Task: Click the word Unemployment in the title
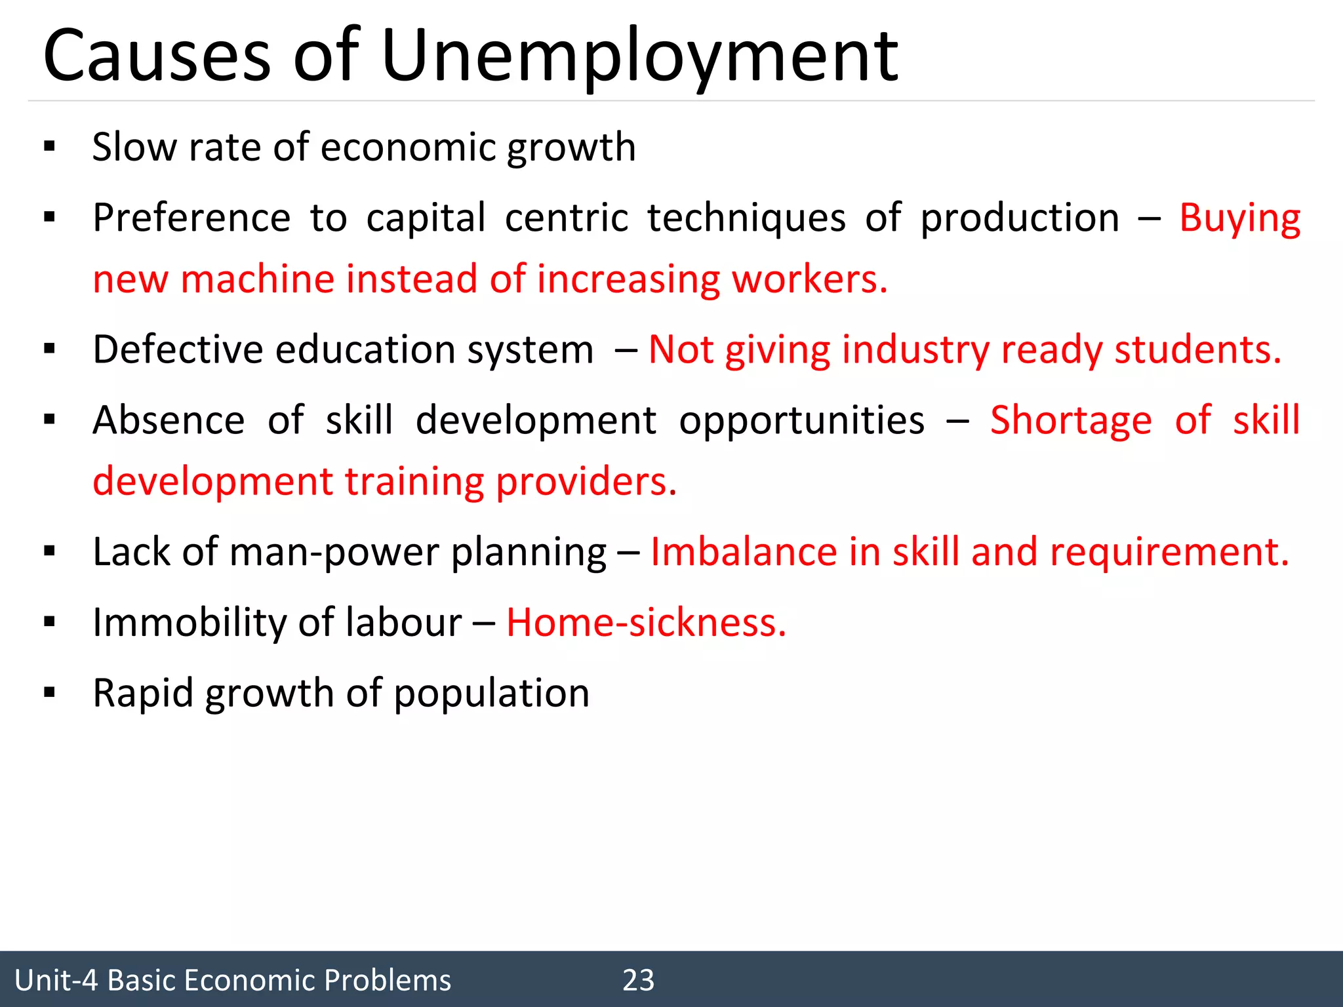pyautogui.click(x=639, y=58)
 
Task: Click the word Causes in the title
pyautogui.click(x=157, y=58)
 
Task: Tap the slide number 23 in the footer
pyautogui.click(x=638, y=980)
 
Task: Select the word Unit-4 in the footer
pyautogui.click(x=56, y=980)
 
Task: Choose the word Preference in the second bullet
pyautogui.click(x=191, y=218)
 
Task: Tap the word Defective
pyautogui.click(x=178, y=349)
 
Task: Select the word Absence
pyautogui.click(x=169, y=420)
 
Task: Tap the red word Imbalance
pyautogui.click(x=744, y=552)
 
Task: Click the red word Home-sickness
pyautogui.click(x=645, y=622)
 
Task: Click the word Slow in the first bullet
pyautogui.click(x=134, y=148)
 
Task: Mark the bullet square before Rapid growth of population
pyautogui.click(x=49, y=692)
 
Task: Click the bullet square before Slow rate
pyautogui.click(x=49, y=147)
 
